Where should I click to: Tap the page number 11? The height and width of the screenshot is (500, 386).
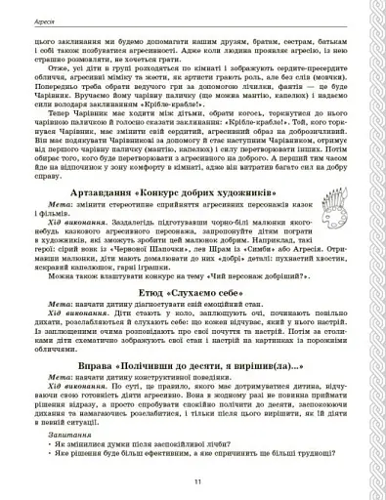(x=195, y=482)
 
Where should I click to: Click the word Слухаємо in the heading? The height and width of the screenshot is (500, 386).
(x=193, y=317)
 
